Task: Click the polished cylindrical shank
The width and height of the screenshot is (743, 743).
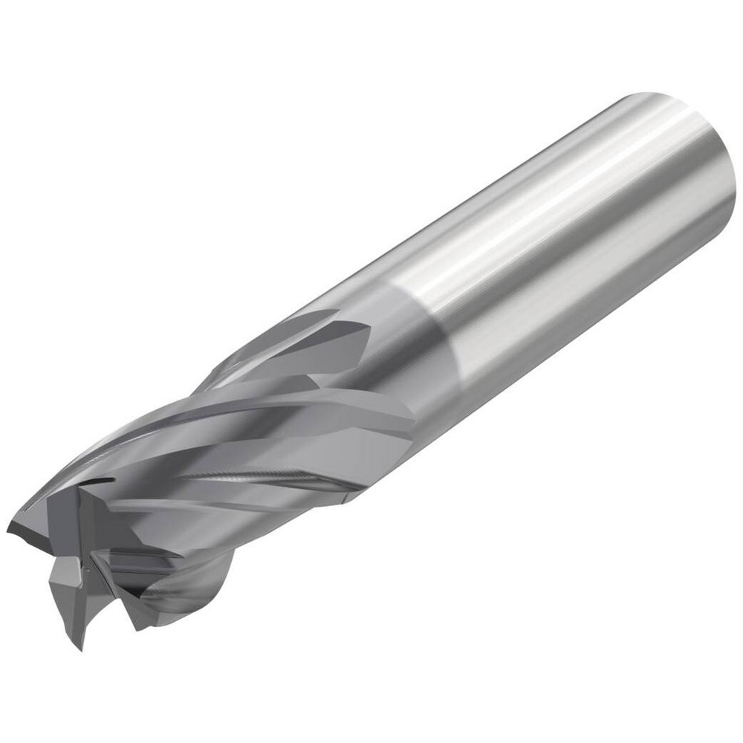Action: (565, 223)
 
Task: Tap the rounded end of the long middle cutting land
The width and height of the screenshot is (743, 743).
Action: (405, 416)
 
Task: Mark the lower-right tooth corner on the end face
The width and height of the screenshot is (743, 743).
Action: (137, 624)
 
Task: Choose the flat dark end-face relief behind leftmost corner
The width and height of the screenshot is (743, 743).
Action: (45, 520)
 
